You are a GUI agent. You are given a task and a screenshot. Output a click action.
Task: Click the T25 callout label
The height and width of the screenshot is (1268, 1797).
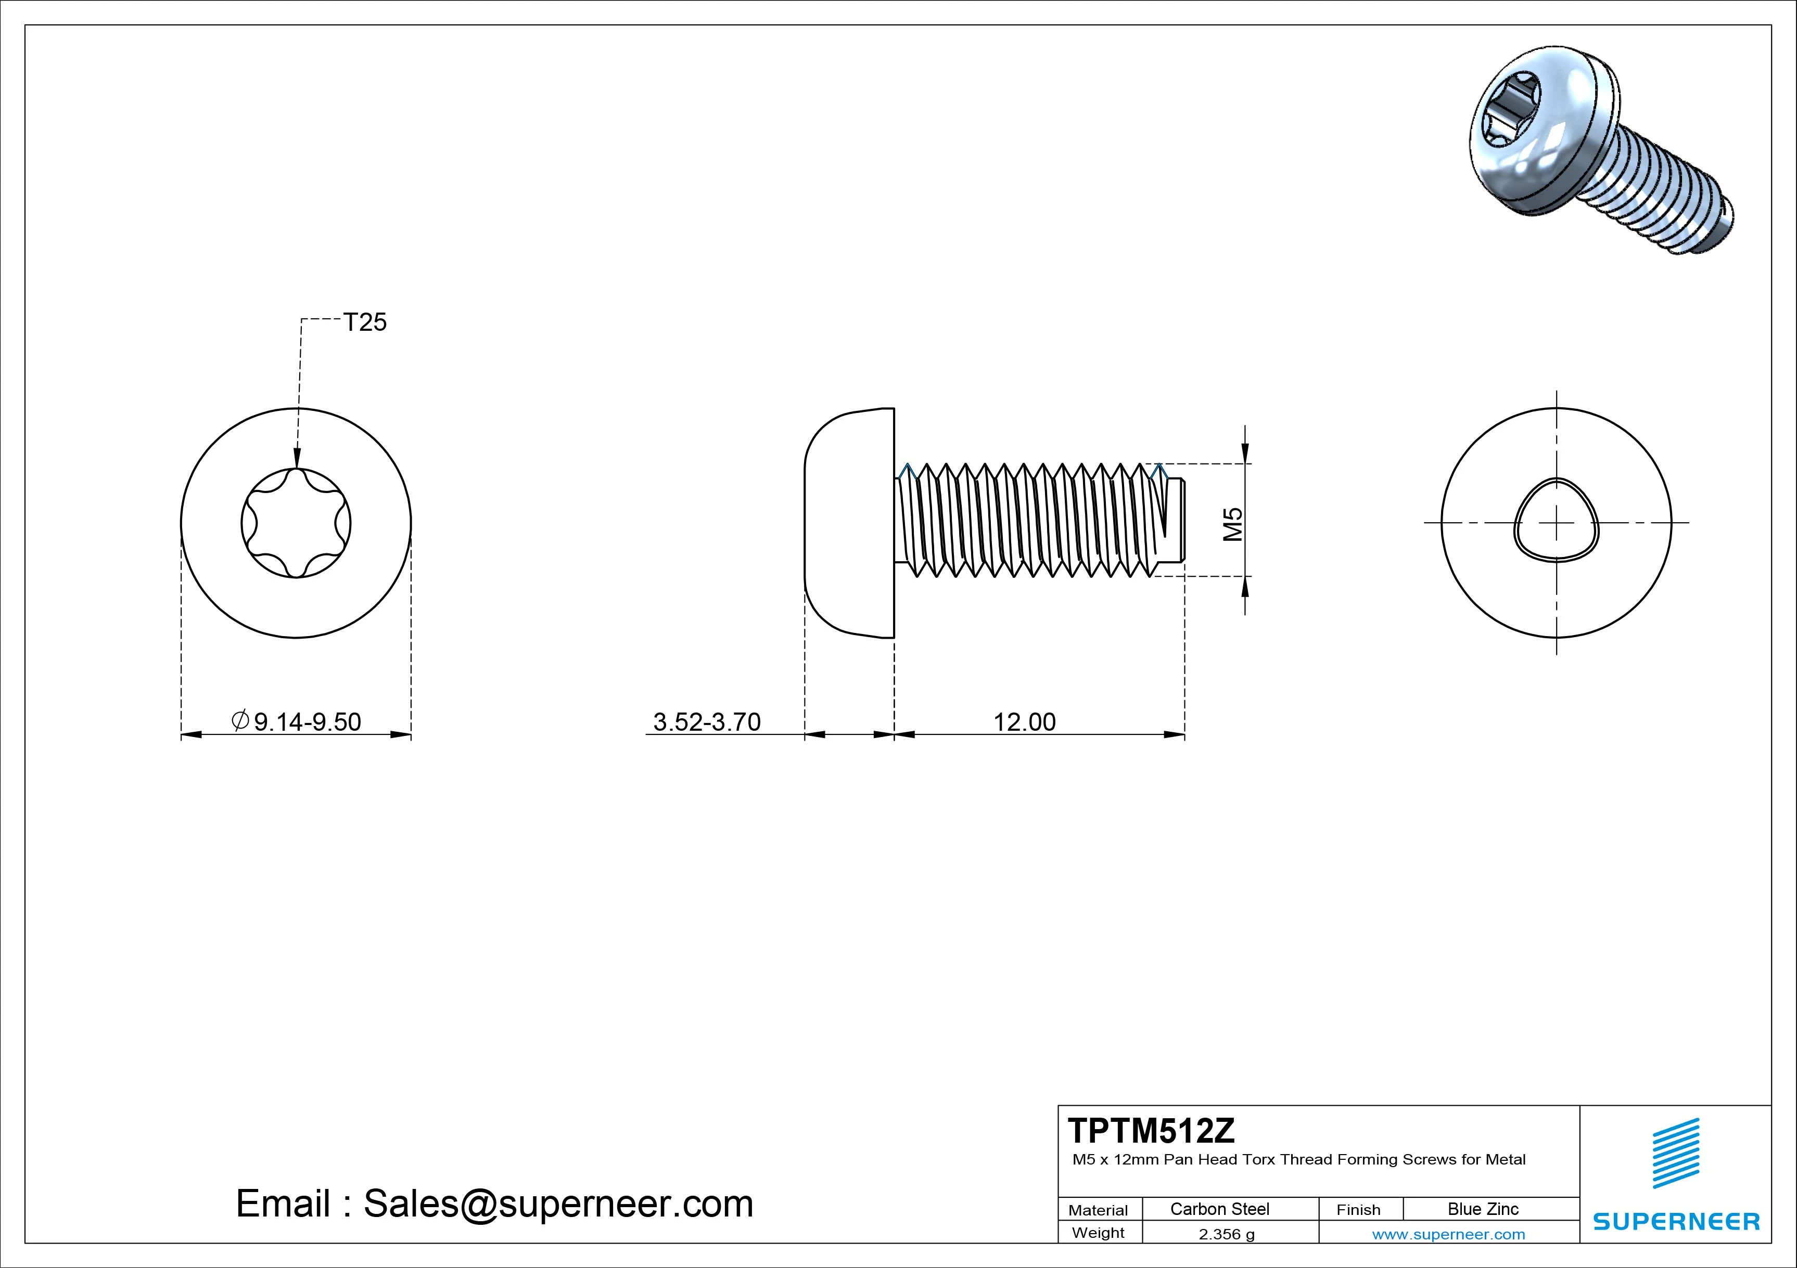[x=365, y=322]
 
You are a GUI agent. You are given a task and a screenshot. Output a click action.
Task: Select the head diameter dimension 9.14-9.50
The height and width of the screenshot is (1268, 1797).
[x=307, y=721]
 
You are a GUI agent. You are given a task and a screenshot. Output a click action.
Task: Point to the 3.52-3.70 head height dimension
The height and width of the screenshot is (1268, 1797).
[x=707, y=721]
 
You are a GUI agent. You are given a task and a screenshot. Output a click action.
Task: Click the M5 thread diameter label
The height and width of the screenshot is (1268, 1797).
[x=1233, y=524]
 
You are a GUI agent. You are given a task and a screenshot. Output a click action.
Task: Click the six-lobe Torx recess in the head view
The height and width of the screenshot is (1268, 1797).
[x=296, y=523]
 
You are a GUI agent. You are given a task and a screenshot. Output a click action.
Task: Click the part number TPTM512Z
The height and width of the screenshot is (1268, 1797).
[x=1151, y=1130]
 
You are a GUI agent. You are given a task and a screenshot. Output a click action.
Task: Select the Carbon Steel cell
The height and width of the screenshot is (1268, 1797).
[x=1219, y=1209]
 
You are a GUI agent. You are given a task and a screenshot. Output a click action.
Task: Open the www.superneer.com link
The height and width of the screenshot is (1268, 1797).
[x=1448, y=1234]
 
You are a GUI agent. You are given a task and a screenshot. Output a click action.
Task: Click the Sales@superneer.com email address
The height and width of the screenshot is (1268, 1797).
[x=557, y=1203]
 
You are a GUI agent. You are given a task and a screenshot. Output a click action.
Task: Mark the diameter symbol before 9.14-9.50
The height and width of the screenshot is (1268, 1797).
[x=240, y=720]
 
